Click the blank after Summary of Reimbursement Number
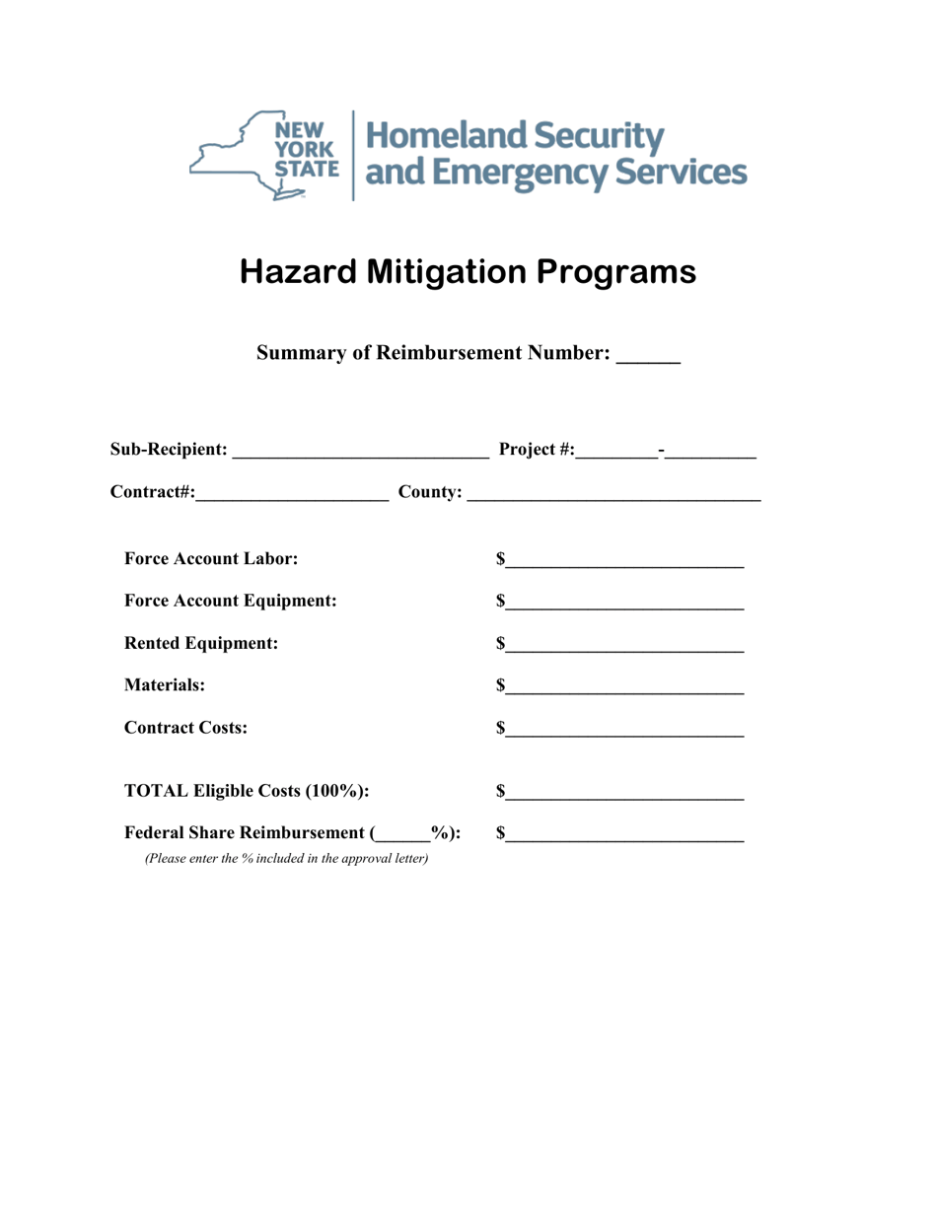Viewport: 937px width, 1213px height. tap(648, 359)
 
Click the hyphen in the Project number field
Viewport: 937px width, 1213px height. tap(662, 451)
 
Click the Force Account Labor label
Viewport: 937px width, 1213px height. tap(211, 559)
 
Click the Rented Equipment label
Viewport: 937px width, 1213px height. tap(201, 643)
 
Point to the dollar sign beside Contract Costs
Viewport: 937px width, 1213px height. tap(502, 729)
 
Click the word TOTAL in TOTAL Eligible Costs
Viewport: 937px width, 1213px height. tap(156, 791)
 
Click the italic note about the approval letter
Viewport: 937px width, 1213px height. tap(286, 859)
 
